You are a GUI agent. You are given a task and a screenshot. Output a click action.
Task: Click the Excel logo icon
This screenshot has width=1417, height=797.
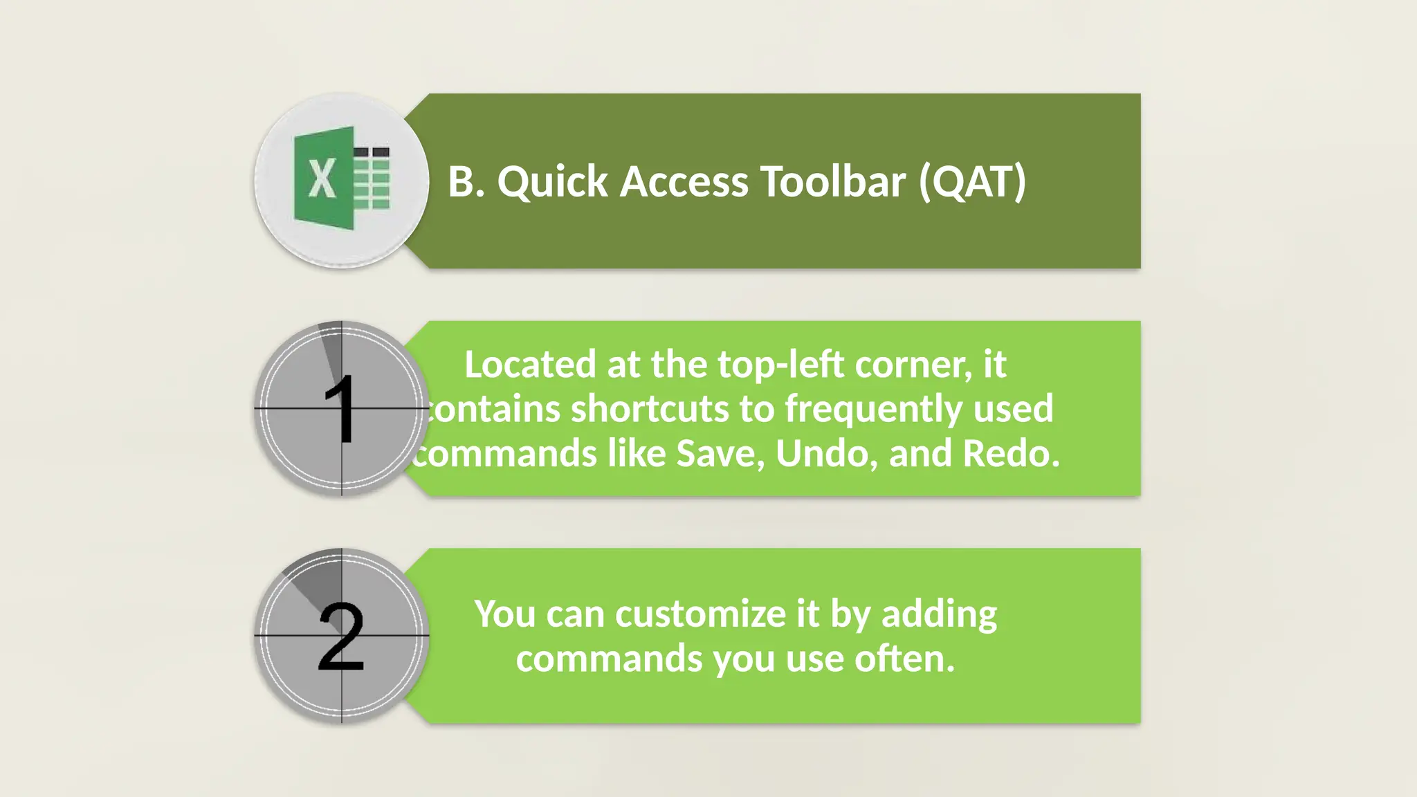(342, 178)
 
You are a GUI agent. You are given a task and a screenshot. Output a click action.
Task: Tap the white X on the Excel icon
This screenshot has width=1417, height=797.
(322, 178)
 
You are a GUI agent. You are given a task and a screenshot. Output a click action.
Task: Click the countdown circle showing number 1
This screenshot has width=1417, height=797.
(342, 408)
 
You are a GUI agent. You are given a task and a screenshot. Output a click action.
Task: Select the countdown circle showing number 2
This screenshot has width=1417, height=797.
(342, 635)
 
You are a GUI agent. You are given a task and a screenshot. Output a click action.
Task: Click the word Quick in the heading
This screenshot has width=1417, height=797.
(552, 183)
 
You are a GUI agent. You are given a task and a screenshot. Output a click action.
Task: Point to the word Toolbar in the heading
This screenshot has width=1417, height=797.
(833, 181)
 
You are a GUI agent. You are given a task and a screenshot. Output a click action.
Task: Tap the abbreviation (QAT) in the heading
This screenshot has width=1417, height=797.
(972, 181)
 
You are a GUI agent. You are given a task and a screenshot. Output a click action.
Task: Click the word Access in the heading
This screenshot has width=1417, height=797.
(684, 181)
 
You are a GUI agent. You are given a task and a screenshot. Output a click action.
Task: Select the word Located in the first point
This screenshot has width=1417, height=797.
(530, 365)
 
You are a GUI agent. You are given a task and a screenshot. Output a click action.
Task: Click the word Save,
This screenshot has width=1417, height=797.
(720, 454)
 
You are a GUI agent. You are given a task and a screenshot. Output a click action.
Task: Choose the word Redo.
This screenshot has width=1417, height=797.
(1011, 454)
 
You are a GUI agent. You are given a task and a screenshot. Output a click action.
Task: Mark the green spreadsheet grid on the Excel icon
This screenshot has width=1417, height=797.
(372, 178)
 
